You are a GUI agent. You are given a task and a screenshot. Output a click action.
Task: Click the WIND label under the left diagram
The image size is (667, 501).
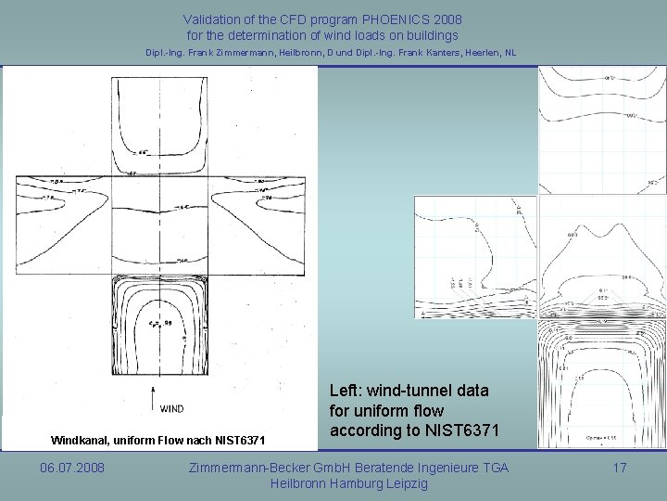(171, 407)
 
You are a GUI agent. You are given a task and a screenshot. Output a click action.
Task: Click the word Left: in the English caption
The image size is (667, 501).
(347, 391)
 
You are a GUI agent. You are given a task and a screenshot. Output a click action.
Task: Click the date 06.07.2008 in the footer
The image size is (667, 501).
(72, 469)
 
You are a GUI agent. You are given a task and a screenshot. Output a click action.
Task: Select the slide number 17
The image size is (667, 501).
(620, 469)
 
